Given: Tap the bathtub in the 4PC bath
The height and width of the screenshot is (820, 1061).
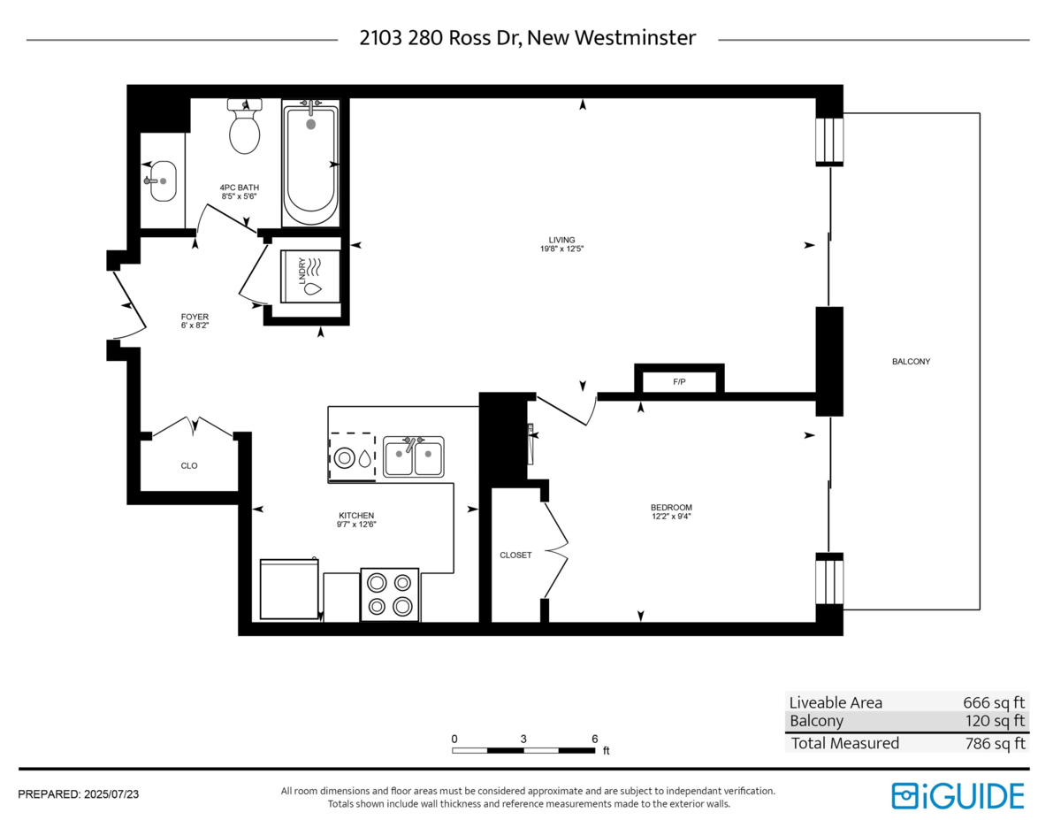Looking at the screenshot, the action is click(310, 163).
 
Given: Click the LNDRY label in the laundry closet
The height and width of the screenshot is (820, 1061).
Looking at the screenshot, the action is click(302, 271).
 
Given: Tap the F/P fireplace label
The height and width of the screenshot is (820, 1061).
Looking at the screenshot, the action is click(679, 382).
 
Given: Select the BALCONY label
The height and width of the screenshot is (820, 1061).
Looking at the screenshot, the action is click(911, 362).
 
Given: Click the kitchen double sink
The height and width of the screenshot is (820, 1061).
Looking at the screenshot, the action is click(414, 456).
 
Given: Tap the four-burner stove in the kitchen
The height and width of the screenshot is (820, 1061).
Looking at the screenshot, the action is click(390, 594).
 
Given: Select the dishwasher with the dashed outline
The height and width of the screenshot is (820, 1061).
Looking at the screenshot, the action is click(353, 457).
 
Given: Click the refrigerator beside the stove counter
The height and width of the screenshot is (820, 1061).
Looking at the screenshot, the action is click(289, 589).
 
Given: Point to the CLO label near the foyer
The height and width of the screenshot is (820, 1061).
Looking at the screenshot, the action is click(189, 466).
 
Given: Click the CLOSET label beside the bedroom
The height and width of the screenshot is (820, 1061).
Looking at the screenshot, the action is click(515, 556).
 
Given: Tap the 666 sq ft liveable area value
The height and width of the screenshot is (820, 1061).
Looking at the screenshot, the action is click(994, 702).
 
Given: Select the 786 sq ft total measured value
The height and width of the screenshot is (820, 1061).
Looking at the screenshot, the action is click(995, 743).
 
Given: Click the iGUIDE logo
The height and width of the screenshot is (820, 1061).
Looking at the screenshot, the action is click(958, 796).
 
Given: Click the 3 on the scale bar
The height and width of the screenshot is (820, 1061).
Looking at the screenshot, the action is click(523, 739).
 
